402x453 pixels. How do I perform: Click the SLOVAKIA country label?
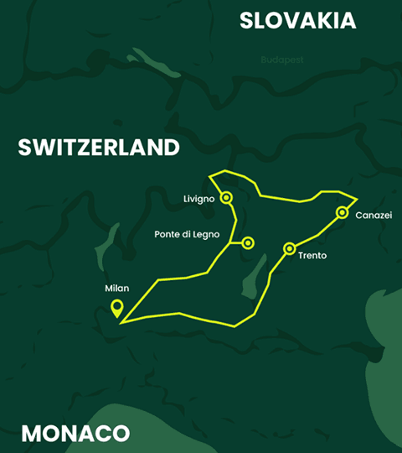click(x=297, y=21)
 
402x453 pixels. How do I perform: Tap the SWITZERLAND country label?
click(x=99, y=148)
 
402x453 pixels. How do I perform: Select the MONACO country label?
click(x=75, y=434)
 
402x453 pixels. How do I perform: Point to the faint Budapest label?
click(x=281, y=60)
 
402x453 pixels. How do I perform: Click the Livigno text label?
click(x=199, y=199)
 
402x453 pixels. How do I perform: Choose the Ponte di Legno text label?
click(x=187, y=235)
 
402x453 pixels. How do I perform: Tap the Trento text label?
click(x=312, y=255)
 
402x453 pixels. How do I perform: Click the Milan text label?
click(x=116, y=288)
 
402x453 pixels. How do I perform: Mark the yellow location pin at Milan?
click(x=117, y=308)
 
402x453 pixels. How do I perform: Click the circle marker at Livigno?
click(x=225, y=198)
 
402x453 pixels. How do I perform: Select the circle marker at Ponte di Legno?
click(x=248, y=243)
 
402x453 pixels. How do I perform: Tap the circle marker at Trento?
click(x=289, y=248)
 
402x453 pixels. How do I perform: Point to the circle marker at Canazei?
click(x=342, y=212)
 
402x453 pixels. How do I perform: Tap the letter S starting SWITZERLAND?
click(x=25, y=148)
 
